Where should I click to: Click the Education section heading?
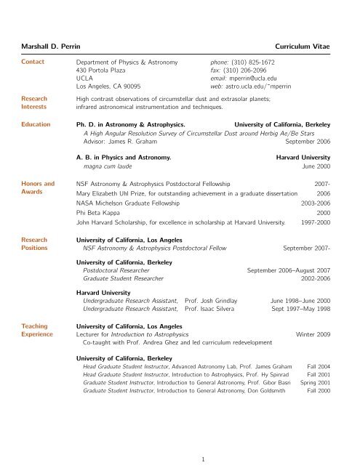click(35, 124)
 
